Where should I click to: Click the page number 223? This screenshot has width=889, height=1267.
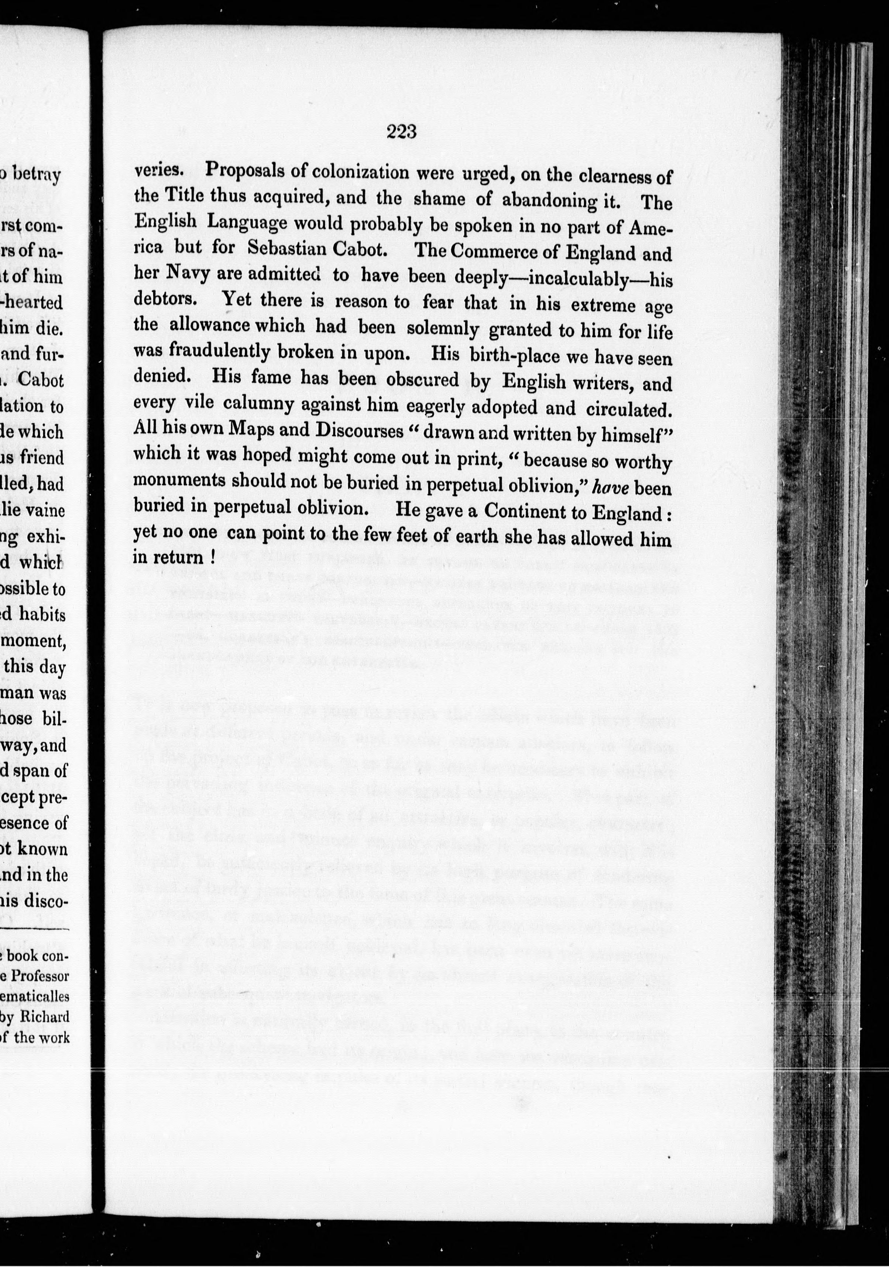pos(401,133)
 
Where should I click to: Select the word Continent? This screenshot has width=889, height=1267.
pos(526,512)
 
